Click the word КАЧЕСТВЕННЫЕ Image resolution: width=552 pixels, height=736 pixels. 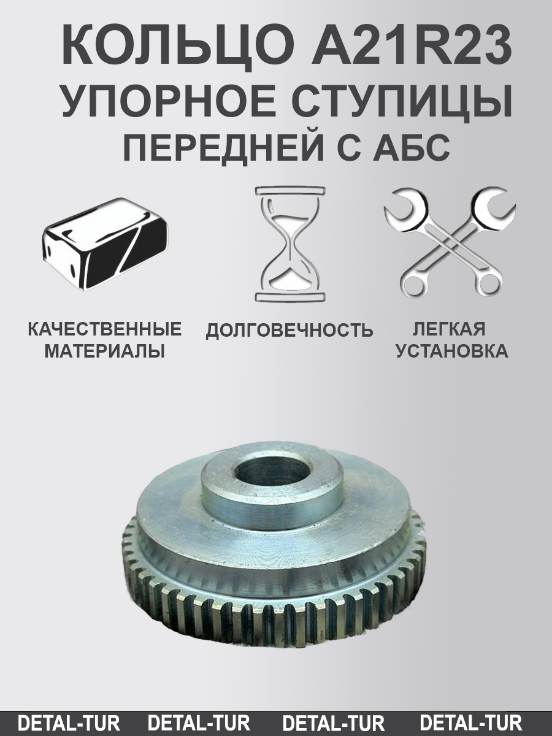[x=105, y=329]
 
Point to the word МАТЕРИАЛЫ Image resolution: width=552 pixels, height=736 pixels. [x=105, y=352]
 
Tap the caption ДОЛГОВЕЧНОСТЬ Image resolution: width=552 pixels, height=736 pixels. [x=289, y=331]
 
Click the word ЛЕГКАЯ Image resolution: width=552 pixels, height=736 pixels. [x=449, y=329]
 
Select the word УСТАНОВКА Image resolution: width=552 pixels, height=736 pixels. [x=451, y=352]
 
